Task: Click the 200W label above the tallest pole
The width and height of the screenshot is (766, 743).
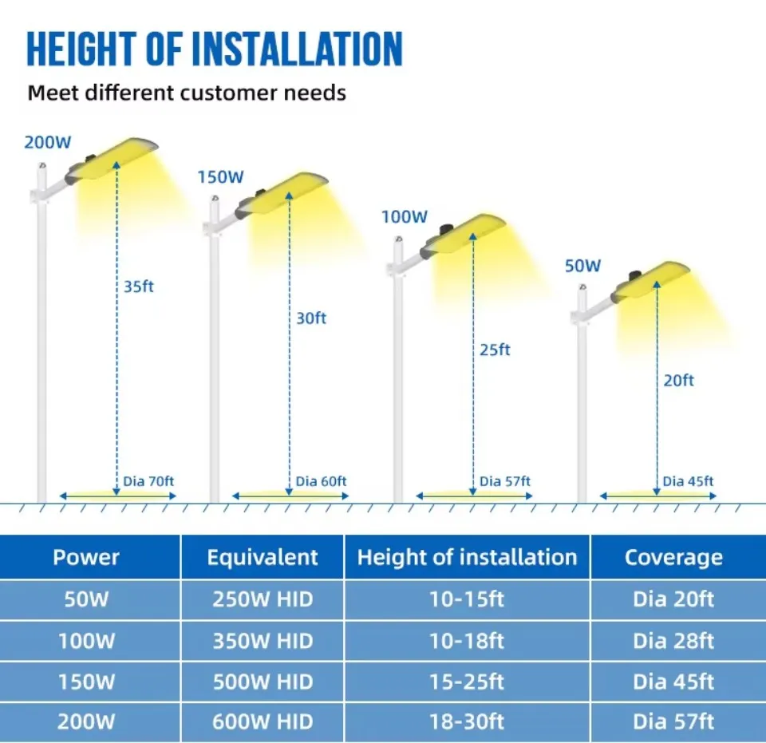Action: pos(48,143)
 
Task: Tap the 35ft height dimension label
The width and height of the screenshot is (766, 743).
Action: pos(138,287)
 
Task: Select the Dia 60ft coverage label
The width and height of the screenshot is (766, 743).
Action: pos(321,481)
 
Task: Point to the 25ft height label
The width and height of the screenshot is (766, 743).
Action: pos(495,350)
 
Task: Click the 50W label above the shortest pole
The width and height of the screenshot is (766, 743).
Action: pos(582,267)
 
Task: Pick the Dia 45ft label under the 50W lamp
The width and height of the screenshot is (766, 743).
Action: pos(688,481)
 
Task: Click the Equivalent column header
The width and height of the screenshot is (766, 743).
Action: pos(263,557)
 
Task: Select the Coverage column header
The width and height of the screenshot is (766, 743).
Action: pos(673,557)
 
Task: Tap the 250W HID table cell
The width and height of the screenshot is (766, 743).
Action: pos(263,599)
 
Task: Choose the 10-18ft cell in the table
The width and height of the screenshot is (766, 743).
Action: pos(467,641)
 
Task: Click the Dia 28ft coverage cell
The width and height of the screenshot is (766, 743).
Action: pos(673,641)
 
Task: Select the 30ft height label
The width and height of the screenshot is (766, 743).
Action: pos(311,318)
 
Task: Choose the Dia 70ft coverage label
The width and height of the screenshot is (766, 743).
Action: pos(148,481)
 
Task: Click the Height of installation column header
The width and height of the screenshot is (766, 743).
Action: pos(467,557)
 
